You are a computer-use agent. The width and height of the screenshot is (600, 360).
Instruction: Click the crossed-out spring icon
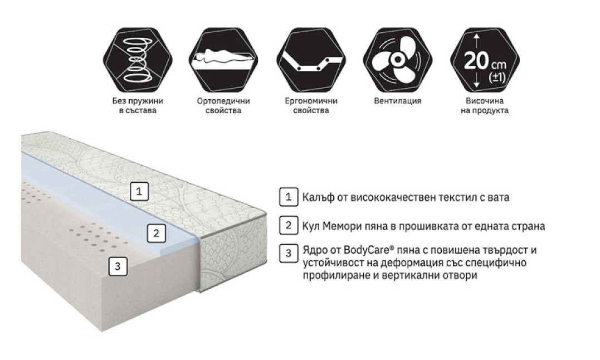pyautogui.click(x=138, y=60)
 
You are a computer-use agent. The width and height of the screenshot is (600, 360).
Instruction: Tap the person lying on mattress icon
pyautogui.click(x=223, y=60)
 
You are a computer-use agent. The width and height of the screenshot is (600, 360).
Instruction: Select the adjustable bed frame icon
pyautogui.click(x=311, y=60)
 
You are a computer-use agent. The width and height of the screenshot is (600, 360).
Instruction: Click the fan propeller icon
pyautogui.click(x=398, y=60)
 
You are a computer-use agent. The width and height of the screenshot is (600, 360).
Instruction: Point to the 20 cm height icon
pyautogui.click(x=485, y=60)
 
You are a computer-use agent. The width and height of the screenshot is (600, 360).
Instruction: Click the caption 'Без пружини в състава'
pyautogui.click(x=138, y=105)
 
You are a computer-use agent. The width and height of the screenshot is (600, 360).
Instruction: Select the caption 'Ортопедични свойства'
pyautogui.click(x=223, y=105)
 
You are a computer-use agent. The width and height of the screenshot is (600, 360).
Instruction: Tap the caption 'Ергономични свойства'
pyautogui.click(x=311, y=105)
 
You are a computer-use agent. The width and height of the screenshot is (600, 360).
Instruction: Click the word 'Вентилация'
pyautogui.click(x=398, y=101)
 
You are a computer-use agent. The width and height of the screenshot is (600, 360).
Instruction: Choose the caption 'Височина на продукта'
pyautogui.click(x=485, y=105)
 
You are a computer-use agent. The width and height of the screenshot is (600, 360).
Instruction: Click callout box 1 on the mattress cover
pyautogui.click(x=139, y=191)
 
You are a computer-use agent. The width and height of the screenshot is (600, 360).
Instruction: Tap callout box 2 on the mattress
pyautogui.click(x=156, y=233)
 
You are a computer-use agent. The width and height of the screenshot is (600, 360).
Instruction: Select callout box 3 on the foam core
pyautogui.click(x=118, y=266)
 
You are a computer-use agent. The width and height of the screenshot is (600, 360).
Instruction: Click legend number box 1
pyautogui.click(x=289, y=197)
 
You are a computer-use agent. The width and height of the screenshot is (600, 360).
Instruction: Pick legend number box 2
pyautogui.click(x=289, y=225)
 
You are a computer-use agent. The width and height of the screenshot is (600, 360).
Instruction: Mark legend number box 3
pyautogui.click(x=289, y=253)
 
